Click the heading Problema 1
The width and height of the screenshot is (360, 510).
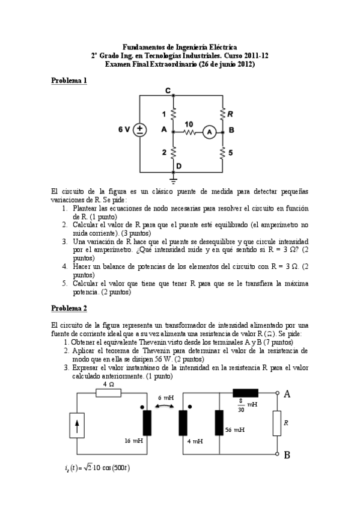69,81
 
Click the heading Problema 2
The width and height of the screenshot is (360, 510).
69,309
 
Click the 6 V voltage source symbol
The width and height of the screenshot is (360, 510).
139,130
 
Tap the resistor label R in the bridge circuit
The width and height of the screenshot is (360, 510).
231,112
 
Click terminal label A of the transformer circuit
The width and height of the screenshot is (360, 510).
287,393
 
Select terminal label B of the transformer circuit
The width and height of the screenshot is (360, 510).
287,455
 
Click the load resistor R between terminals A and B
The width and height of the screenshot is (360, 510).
276,423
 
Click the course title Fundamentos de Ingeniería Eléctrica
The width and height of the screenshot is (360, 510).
180,47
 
